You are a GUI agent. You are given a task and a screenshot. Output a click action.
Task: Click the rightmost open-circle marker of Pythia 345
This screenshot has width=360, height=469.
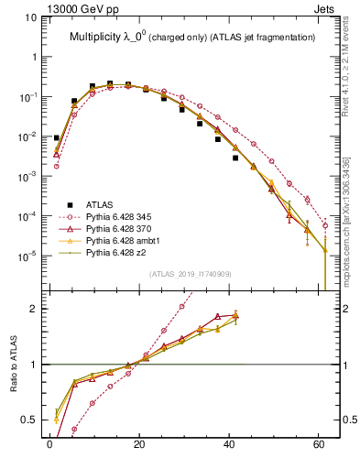(325, 224)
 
